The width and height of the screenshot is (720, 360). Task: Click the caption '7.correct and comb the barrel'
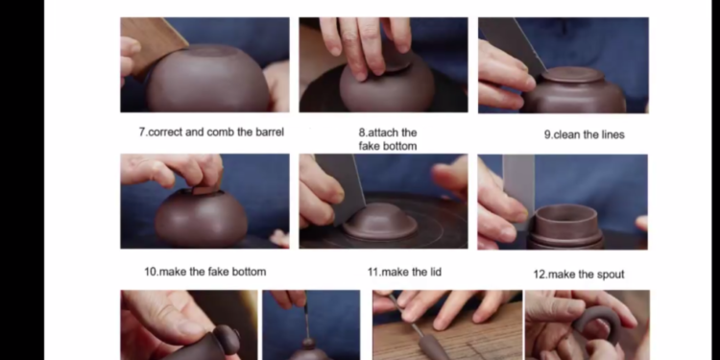pyautogui.click(x=211, y=132)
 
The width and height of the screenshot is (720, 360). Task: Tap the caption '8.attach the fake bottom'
pyautogui.click(x=388, y=139)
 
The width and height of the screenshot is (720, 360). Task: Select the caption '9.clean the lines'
pyautogui.click(x=584, y=134)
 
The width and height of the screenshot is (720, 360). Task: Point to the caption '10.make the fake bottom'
pyautogui.click(x=205, y=272)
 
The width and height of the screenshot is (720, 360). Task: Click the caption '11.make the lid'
pyautogui.click(x=404, y=273)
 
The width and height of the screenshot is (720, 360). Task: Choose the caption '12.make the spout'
pyautogui.click(x=579, y=275)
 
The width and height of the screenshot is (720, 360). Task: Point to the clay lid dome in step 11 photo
pyautogui.click(x=380, y=222)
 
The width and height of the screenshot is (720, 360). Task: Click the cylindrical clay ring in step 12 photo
pyautogui.click(x=565, y=226)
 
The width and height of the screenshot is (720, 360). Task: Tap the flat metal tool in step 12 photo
pyautogui.click(x=518, y=188)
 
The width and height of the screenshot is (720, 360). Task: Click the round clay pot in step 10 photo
pyautogui.click(x=202, y=217)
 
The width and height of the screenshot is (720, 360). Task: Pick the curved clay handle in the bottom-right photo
pyautogui.click(x=597, y=321)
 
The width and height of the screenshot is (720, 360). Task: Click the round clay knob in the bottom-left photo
pyautogui.click(x=227, y=339)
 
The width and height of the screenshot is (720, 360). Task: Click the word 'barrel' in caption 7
pyautogui.click(x=270, y=132)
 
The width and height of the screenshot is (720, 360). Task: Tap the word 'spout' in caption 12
pyautogui.click(x=611, y=275)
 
